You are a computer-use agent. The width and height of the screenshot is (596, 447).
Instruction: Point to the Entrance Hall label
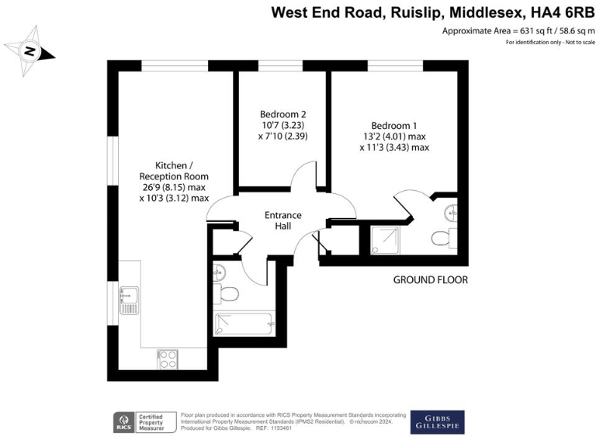coord(283,220)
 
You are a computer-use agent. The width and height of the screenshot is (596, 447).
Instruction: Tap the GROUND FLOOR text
coord(431,279)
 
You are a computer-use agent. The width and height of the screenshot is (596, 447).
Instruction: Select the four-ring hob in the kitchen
coord(168,359)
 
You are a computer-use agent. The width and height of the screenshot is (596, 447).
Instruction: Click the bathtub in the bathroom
coord(244,322)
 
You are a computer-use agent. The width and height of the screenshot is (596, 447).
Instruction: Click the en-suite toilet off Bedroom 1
coord(442,238)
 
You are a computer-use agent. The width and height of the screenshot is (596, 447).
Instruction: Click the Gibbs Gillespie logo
coord(437,422)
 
